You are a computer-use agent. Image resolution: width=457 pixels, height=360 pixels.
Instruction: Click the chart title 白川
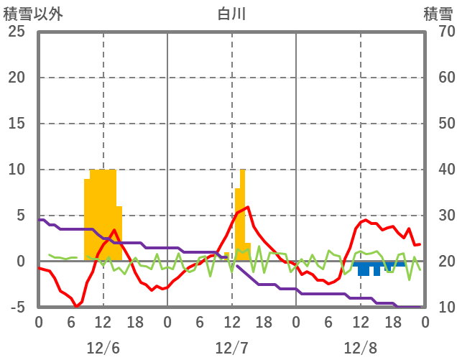tap(231, 14)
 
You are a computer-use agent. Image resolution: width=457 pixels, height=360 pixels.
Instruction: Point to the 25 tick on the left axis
tap(16, 32)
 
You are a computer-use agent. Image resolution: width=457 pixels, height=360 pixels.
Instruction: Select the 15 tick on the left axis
tap(16, 124)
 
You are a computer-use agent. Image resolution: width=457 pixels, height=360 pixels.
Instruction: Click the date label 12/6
tap(103, 348)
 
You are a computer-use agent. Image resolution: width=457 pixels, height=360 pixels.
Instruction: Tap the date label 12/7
tap(231, 348)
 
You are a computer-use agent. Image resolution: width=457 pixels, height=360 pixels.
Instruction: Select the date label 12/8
tap(360, 348)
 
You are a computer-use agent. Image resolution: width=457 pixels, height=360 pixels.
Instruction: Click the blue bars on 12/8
tap(374, 267)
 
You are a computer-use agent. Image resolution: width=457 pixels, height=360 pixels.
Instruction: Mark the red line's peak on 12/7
tap(248, 207)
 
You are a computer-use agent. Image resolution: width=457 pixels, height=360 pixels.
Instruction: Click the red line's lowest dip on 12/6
tap(76, 307)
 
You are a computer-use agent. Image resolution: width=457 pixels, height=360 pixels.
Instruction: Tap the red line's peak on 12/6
tap(114, 231)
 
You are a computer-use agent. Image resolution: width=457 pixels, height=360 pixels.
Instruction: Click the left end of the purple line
tap(40, 220)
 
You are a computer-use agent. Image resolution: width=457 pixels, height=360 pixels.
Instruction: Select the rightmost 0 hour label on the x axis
tap(425, 321)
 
